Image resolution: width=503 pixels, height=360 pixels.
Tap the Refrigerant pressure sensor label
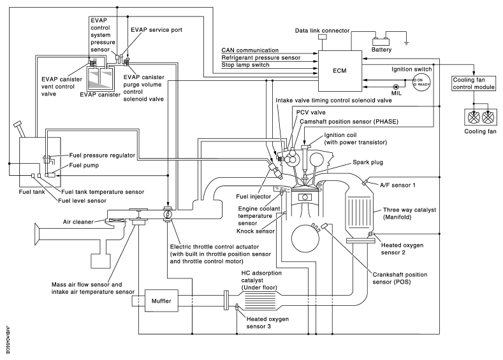(262, 57)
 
